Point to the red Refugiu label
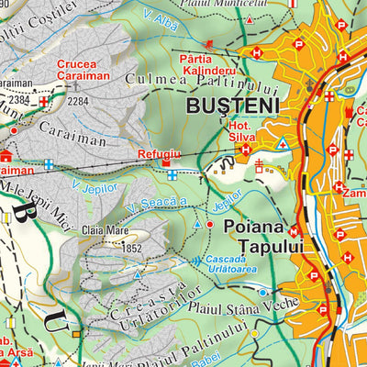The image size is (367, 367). [155, 155]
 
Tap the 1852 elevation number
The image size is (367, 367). [133, 248]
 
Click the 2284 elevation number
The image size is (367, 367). [78, 101]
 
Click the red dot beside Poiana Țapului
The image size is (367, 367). [210, 224]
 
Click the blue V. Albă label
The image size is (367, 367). [161, 19]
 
